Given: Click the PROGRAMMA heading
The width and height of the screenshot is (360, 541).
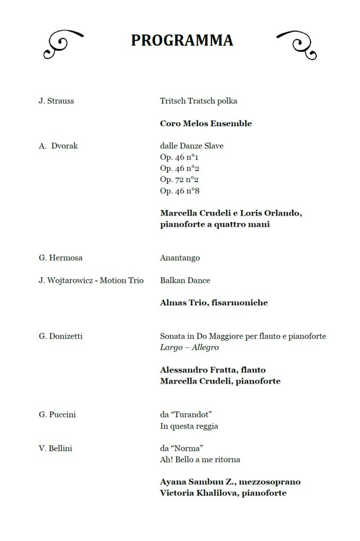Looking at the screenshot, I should (182, 41).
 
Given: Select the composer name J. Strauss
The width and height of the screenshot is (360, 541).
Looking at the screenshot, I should (56, 101).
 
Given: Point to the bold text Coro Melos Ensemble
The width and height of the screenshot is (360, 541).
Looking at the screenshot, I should (206, 124).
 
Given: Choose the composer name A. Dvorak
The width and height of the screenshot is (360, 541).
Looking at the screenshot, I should (58, 146).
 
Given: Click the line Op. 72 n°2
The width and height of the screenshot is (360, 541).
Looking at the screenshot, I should (179, 180).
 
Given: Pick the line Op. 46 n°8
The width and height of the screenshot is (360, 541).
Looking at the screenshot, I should (179, 191).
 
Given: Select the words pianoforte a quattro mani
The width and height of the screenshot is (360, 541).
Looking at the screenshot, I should (215, 225).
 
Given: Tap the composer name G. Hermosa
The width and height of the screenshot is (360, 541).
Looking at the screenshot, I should (60, 258).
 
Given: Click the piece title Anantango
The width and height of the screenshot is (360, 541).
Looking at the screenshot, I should (180, 258).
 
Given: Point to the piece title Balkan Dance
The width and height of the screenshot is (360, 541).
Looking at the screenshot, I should (184, 281).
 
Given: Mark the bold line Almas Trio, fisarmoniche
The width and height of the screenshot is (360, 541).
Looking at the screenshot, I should (214, 303).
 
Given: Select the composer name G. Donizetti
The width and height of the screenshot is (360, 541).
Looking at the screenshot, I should (60, 336).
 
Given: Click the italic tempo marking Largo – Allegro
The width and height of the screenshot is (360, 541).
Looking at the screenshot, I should (189, 348).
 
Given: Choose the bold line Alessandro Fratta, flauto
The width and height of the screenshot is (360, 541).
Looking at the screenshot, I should (213, 370).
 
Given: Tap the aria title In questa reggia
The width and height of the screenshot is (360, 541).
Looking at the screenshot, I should (189, 426).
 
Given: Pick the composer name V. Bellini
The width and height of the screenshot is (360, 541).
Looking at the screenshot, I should (56, 449).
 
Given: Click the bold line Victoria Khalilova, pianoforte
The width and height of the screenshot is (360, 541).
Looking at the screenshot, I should (223, 493).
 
